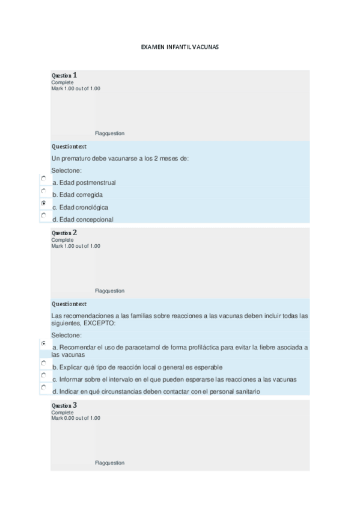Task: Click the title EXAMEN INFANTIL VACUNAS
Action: (x=180, y=46)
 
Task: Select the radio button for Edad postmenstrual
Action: (x=44, y=179)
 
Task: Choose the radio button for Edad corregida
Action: (x=44, y=191)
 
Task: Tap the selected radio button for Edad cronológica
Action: (x=44, y=203)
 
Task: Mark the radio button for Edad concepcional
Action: (x=44, y=215)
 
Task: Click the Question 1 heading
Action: (x=64, y=75)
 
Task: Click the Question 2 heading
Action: (x=64, y=233)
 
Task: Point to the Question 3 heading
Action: (x=64, y=405)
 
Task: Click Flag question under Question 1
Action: (x=110, y=134)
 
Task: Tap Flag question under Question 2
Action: (x=110, y=291)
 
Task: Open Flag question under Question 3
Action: (x=110, y=463)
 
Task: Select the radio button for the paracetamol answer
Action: (x=44, y=343)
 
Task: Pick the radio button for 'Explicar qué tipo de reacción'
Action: (x=44, y=363)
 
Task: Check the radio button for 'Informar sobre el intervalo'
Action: (x=44, y=375)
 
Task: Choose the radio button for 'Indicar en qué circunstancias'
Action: (x=44, y=388)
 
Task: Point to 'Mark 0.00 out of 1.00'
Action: (x=76, y=418)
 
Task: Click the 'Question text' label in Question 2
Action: (x=69, y=304)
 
